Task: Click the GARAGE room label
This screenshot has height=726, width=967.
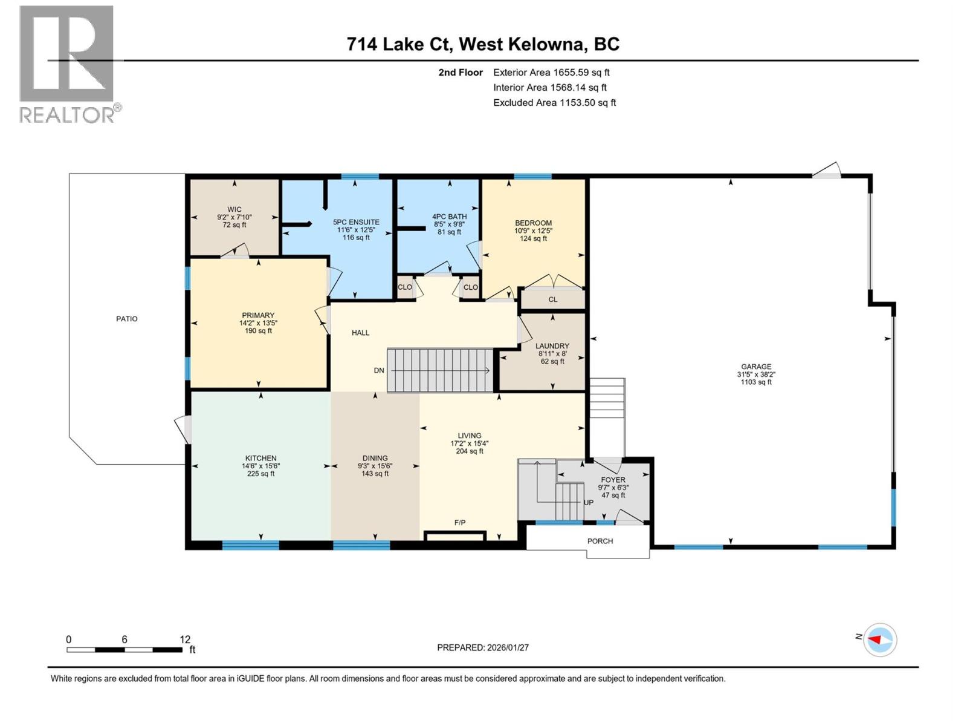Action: pyautogui.click(x=756, y=366)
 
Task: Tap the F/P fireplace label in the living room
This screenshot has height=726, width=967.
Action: pyautogui.click(x=460, y=522)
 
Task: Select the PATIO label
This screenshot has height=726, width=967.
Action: pyautogui.click(x=127, y=318)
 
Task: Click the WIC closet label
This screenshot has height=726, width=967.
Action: pyautogui.click(x=234, y=209)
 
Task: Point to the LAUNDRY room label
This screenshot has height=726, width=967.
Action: pyautogui.click(x=552, y=346)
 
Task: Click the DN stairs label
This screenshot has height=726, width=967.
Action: pyautogui.click(x=379, y=370)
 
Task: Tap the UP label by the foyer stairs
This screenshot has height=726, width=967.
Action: pyautogui.click(x=588, y=502)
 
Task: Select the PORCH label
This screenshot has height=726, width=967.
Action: pyautogui.click(x=600, y=541)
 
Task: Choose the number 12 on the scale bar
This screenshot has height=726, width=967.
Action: pyautogui.click(x=185, y=639)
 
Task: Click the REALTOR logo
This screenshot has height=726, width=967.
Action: pyautogui.click(x=68, y=64)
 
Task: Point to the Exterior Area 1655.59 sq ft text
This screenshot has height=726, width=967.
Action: pyautogui.click(x=551, y=72)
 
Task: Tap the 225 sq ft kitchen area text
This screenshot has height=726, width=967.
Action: pyautogui.click(x=261, y=474)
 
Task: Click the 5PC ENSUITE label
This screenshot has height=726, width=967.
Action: pyautogui.click(x=356, y=222)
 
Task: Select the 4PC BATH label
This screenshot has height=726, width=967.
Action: pyautogui.click(x=449, y=217)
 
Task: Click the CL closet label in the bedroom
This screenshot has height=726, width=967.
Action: pyautogui.click(x=552, y=299)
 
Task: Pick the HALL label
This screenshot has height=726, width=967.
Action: pyautogui.click(x=360, y=333)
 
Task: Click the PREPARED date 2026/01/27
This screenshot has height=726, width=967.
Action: pyautogui.click(x=483, y=647)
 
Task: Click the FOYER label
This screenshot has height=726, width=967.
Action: pyautogui.click(x=613, y=480)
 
